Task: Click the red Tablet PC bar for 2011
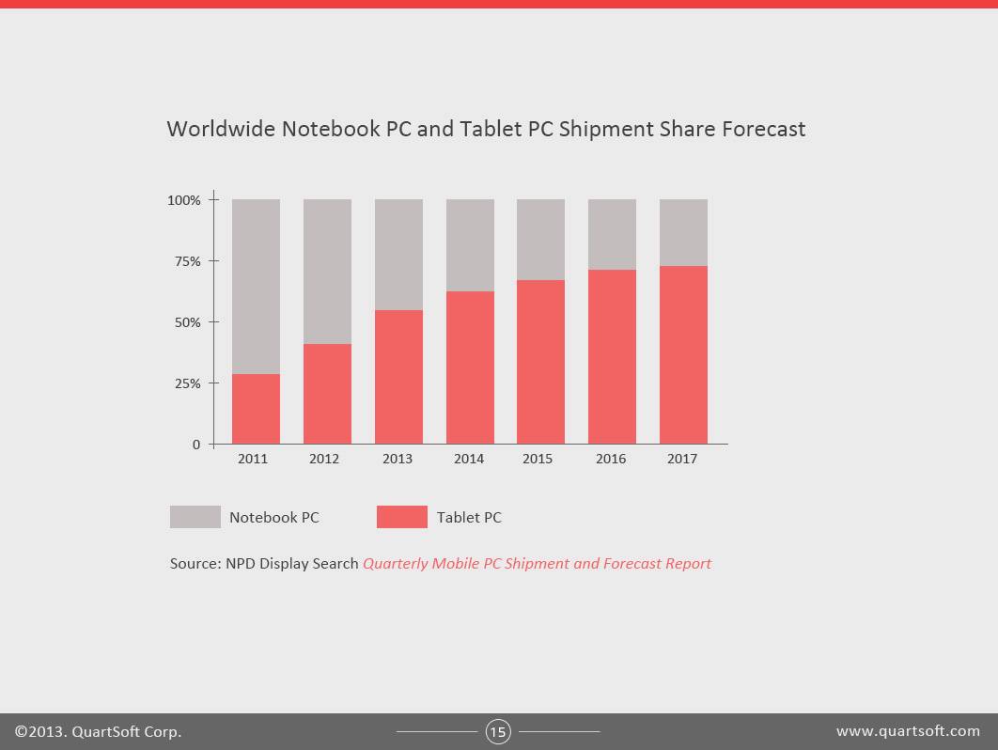coord(256,409)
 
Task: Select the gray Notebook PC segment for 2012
coord(327,272)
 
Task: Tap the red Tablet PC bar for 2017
coord(683,354)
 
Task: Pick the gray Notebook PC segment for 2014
coord(470,245)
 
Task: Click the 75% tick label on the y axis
coord(184,261)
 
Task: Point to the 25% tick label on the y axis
coord(184,383)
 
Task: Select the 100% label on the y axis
coord(183,200)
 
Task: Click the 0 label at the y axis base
coord(196,445)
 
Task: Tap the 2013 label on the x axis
coord(398,460)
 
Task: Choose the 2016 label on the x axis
coord(611,460)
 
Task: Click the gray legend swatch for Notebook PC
coord(195,517)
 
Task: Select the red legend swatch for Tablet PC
coord(401,517)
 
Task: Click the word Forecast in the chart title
coord(763,129)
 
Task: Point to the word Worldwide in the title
coord(221,129)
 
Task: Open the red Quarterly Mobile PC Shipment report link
coord(537,564)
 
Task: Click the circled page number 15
coord(498,731)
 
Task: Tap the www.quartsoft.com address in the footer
coord(908,731)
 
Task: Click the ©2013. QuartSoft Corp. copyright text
coord(98,731)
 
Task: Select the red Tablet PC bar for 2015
coord(540,362)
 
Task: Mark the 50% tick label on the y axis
coord(184,322)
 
